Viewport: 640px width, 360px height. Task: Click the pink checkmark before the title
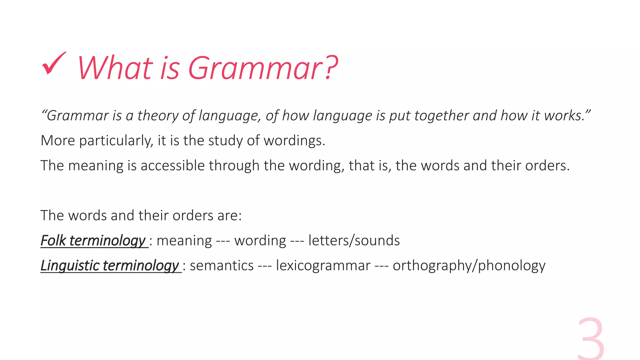click(54, 64)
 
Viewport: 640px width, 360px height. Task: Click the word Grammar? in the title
click(262, 68)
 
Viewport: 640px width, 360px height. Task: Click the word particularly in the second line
click(116, 141)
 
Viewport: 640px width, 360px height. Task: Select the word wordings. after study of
click(294, 141)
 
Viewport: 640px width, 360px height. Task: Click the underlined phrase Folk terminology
click(93, 241)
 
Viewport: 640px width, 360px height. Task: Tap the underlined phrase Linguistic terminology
click(110, 266)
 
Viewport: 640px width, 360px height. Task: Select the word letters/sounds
click(354, 241)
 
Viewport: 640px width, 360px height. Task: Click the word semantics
click(222, 266)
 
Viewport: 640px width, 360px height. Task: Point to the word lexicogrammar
click(323, 266)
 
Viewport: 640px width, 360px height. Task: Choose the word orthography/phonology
click(469, 266)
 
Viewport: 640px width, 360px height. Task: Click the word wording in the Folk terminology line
click(260, 241)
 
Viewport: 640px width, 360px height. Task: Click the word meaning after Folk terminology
click(184, 241)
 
